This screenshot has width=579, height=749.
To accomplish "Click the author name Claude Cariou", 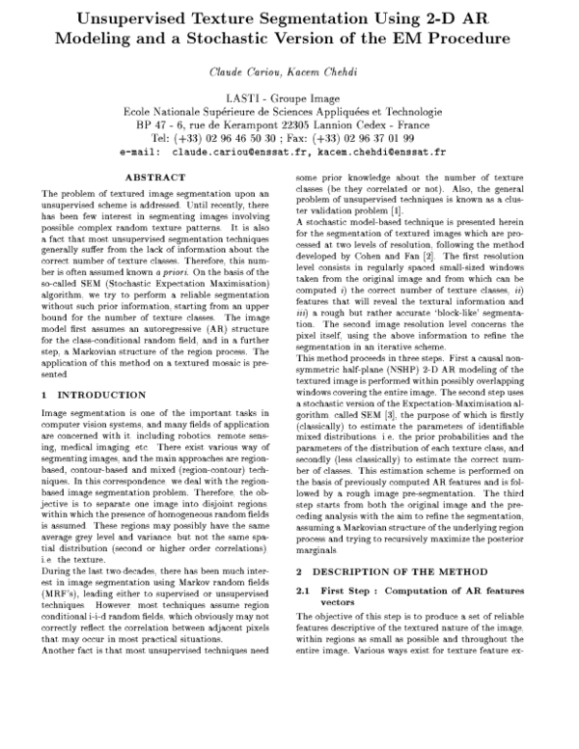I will (245, 73).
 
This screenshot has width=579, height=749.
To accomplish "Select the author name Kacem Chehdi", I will (321, 73).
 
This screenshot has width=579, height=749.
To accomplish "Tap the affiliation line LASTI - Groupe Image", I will (289, 99).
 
